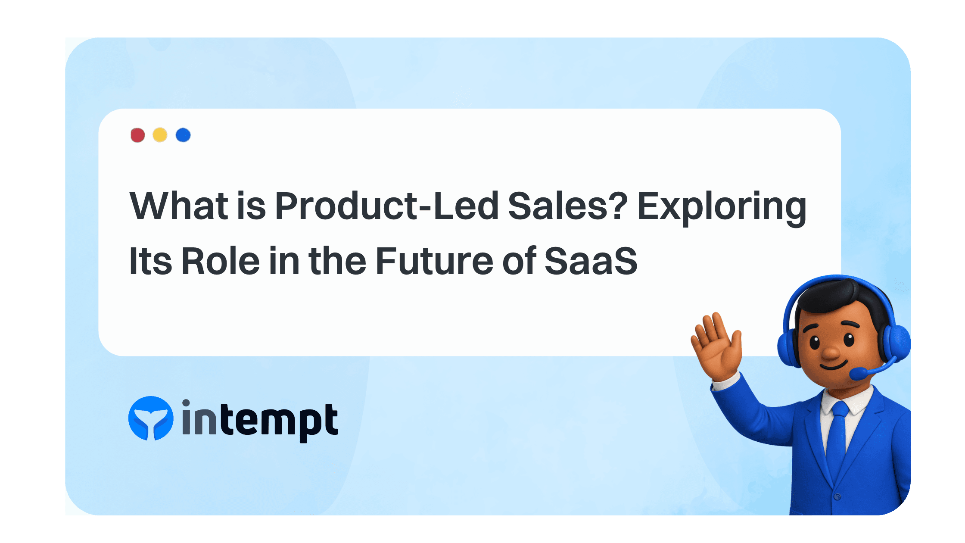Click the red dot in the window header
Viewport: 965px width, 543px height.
click(x=137, y=135)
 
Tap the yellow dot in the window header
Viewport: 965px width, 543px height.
click(x=160, y=135)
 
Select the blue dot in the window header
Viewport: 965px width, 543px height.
click(x=183, y=135)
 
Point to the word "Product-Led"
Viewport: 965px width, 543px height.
click(x=386, y=206)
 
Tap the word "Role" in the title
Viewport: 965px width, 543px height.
click(x=221, y=261)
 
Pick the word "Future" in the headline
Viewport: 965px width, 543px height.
click(x=434, y=261)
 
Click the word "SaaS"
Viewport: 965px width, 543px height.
click(x=591, y=261)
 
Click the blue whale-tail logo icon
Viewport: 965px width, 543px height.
click(x=151, y=418)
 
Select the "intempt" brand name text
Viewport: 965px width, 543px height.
click(x=260, y=420)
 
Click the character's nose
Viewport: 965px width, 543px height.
click(x=831, y=352)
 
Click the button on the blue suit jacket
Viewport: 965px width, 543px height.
click(x=837, y=496)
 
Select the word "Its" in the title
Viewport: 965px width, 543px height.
click(x=151, y=261)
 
